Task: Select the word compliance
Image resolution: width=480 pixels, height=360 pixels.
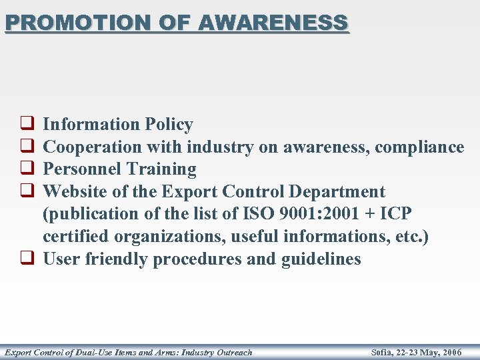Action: coord(419,147)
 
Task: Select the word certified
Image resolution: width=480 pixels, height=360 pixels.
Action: coord(75,237)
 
